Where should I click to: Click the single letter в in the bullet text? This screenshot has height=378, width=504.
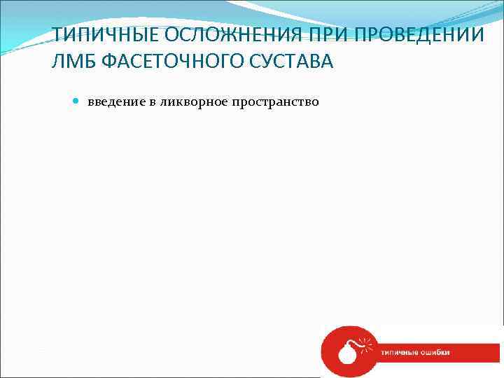click(x=153, y=102)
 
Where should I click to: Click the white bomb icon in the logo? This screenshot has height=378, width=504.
click(x=346, y=351)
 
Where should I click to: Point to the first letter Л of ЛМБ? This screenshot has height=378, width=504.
click(x=58, y=63)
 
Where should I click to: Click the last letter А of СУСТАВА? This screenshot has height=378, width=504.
click(x=328, y=63)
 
